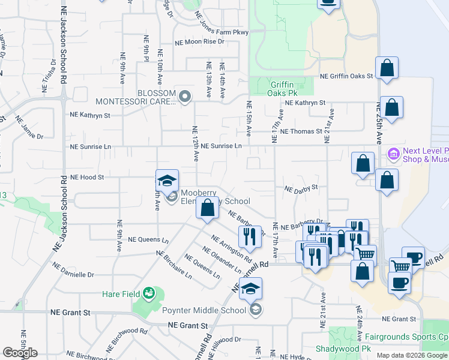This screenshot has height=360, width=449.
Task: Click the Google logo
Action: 20,353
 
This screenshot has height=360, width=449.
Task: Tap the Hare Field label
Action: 121,294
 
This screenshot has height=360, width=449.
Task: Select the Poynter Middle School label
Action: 204,310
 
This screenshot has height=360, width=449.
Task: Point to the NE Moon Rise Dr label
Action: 199,42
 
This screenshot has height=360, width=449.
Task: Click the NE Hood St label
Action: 87,178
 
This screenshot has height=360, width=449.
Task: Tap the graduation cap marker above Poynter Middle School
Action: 250,289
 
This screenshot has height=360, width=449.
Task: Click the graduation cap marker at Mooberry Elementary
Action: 167,181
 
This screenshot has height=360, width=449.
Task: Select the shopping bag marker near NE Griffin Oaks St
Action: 387,68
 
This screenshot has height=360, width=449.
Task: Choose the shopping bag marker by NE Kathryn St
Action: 391,109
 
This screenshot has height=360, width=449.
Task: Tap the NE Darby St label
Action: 301,189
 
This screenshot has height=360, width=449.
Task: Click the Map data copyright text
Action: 412,355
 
